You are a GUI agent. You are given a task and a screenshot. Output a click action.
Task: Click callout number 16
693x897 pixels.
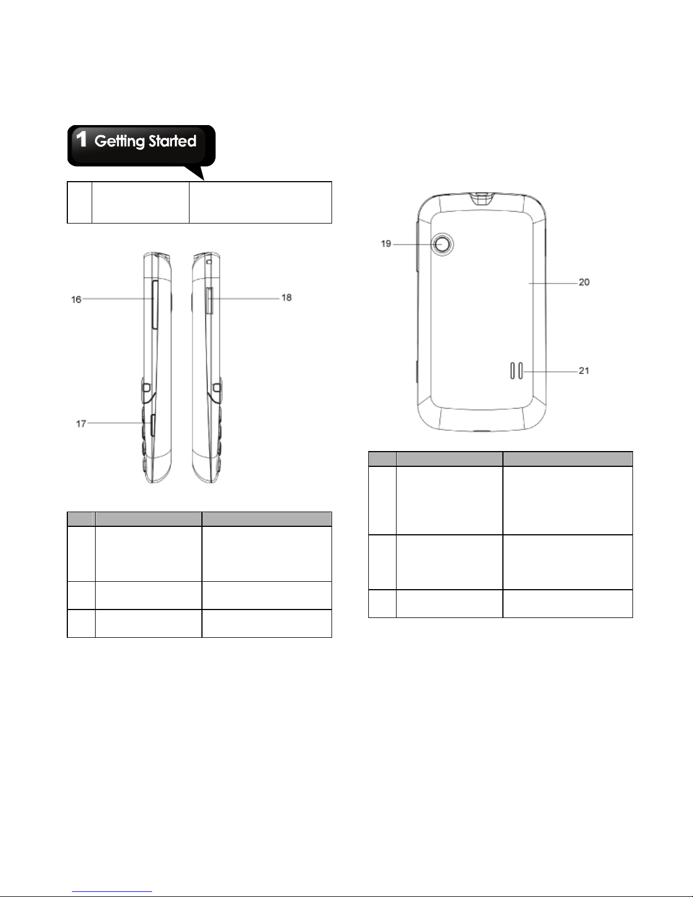[76, 299]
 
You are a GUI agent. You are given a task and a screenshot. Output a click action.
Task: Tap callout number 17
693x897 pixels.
[81, 423]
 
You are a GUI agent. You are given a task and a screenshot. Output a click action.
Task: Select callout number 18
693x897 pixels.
[287, 298]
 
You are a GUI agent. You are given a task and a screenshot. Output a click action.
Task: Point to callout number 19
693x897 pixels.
[386, 244]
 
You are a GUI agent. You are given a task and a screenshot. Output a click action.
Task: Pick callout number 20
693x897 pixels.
[584, 282]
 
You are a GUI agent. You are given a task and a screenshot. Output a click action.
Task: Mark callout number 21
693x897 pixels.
[584, 371]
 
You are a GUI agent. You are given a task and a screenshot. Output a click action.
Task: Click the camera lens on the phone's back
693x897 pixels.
[442, 244]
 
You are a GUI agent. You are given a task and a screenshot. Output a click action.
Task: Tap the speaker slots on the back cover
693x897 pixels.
[516, 371]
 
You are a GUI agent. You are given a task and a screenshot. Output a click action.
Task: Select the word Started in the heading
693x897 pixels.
[173, 141]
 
